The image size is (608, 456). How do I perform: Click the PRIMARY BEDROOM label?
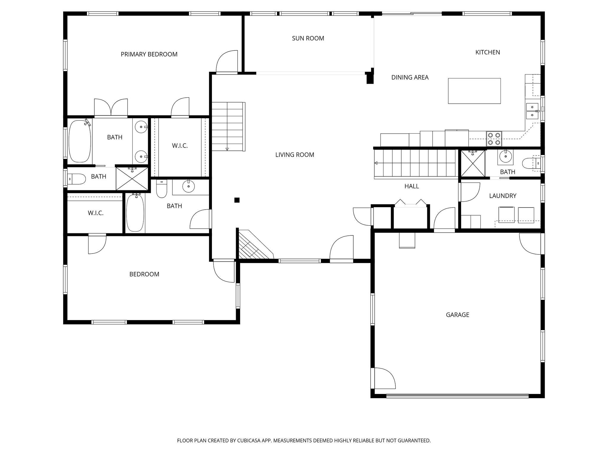click(x=149, y=54)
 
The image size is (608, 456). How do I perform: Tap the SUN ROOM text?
click(x=308, y=38)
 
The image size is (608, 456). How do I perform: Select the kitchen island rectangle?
click(x=474, y=91)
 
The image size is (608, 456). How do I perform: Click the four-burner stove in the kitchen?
click(x=494, y=139)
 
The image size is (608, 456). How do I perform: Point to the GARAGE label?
click(x=457, y=315)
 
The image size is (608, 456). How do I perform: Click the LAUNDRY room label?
click(x=503, y=196)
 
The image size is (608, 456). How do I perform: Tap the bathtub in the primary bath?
click(x=80, y=141)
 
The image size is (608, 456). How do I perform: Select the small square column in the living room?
click(x=237, y=200)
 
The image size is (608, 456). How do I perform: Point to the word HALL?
click(x=411, y=186)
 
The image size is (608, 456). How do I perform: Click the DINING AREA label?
click(x=410, y=77)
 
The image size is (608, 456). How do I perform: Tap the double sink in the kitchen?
click(x=532, y=111)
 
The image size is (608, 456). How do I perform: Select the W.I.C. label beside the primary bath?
click(x=180, y=146)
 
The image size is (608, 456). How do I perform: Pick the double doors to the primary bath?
click(x=111, y=107)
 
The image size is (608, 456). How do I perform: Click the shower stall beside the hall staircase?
click(x=473, y=164)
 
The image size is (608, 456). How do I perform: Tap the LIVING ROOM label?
click(x=294, y=155)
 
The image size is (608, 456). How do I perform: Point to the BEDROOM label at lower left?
click(x=144, y=274)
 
